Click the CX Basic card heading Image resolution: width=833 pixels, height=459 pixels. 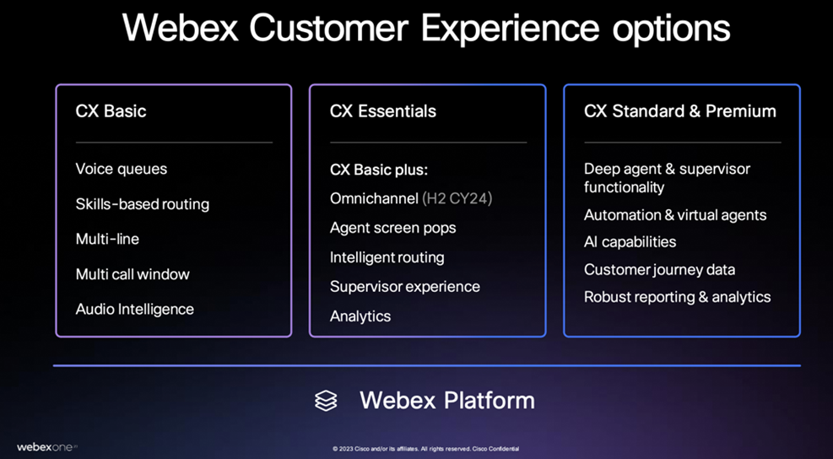click(x=111, y=111)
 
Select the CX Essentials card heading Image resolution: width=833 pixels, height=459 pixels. click(x=383, y=111)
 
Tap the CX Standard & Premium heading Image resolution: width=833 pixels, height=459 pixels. click(x=679, y=111)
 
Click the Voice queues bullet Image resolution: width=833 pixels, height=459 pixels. click(x=122, y=169)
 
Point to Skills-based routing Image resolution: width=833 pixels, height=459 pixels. click(x=142, y=204)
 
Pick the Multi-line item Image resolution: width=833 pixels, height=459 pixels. click(x=107, y=239)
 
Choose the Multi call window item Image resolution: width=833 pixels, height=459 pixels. click(x=133, y=274)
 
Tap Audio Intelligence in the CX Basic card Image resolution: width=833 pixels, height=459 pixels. click(x=135, y=309)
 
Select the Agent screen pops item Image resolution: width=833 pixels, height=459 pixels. click(x=392, y=228)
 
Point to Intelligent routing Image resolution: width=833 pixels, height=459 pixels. click(x=387, y=257)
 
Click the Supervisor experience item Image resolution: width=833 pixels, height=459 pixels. click(x=405, y=287)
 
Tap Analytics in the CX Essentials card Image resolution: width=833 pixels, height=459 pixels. click(x=360, y=316)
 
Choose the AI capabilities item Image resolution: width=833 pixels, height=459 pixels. click(x=630, y=241)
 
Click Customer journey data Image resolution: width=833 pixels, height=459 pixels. click(x=659, y=270)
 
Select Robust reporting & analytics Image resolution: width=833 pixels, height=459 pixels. click(x=677, y=297)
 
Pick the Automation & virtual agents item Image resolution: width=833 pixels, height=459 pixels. click(x=675, y=215)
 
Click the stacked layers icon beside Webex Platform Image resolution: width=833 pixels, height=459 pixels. click(x=326, y=400)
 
